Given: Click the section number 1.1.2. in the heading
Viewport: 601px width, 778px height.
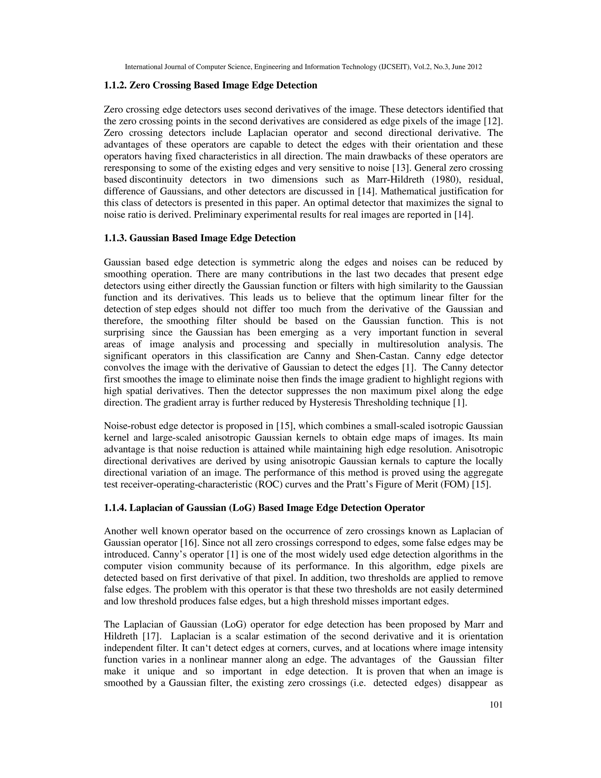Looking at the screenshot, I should [x=115, y=85].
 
